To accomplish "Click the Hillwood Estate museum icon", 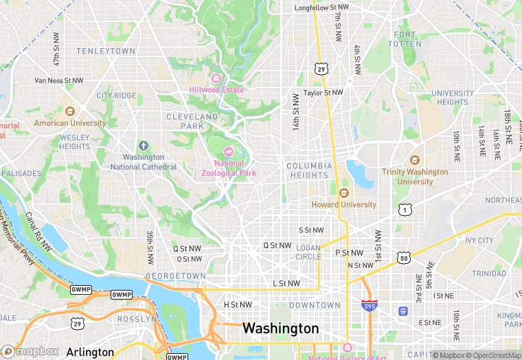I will coord(216,78).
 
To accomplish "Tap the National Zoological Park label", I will coord(229,168).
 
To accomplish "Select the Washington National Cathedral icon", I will coord(143,146).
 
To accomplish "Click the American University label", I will coord(70,124).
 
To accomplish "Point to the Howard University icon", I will coord(344,193).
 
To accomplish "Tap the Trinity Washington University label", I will coord(415,177).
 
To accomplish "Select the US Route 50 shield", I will coord(403,257).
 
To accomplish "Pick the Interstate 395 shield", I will coord(369,305).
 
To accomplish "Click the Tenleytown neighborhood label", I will coord(106,52).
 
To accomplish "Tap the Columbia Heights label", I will coord(309,170).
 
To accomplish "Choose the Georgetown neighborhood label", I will coord(175,275).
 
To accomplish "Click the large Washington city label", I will coord(281,328).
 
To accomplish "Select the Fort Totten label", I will coord(405,39).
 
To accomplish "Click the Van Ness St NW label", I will coord(59,80).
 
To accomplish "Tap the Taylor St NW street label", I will coord(323,92).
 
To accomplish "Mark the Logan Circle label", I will coord(308,252).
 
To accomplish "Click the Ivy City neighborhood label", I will coord(479,240).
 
